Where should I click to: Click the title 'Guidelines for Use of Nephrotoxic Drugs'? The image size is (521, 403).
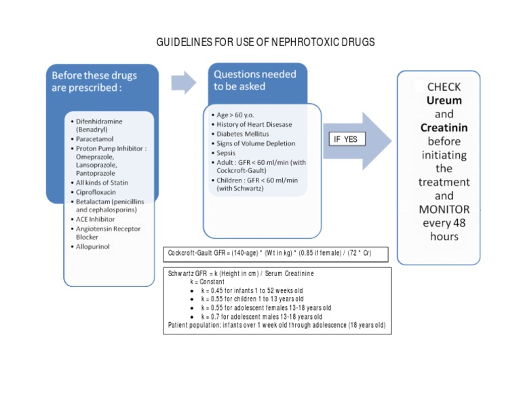click(265, 42)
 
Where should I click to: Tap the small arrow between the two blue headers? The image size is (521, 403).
click(182, 81)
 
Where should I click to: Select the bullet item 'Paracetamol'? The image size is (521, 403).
click(97, 138)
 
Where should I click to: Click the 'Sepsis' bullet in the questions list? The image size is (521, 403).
click(227, 153)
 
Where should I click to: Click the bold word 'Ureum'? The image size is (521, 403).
click(444, 100)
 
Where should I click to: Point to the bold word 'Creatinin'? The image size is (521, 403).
click(444, 128)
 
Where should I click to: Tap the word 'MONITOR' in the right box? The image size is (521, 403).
click(444, 209)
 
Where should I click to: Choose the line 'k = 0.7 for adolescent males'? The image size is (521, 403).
click(261, 316)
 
